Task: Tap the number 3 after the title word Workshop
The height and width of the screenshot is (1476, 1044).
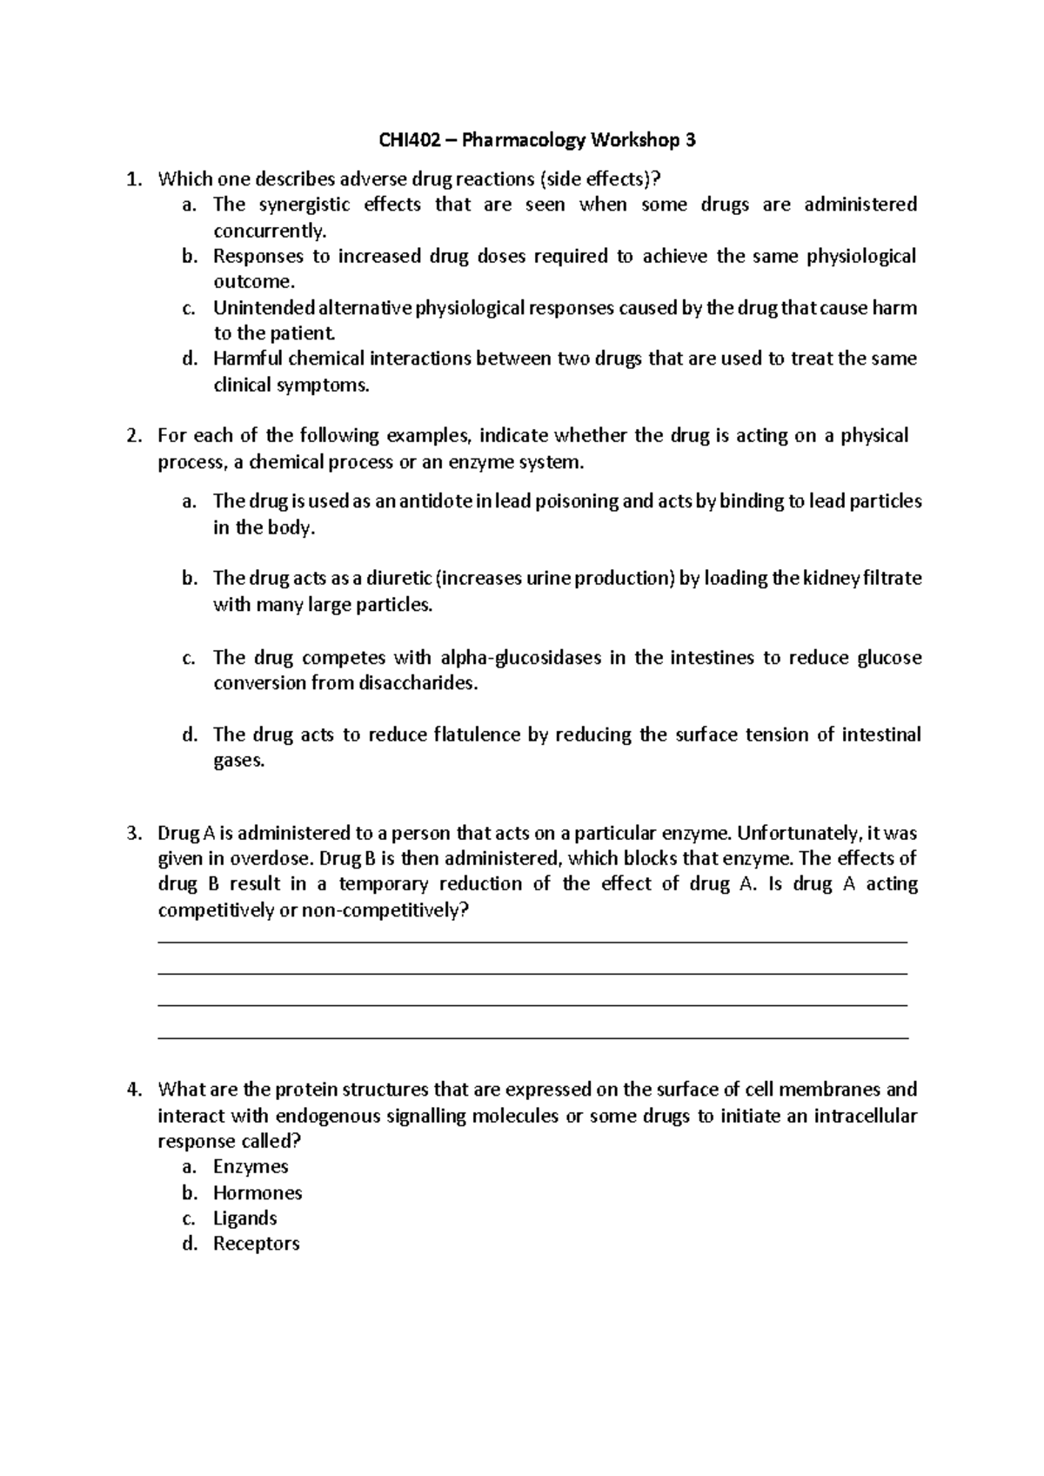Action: tap(691, 140)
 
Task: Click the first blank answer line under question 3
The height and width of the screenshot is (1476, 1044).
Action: tap(532, 942)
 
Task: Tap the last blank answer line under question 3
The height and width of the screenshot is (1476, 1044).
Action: tap(532, 1038)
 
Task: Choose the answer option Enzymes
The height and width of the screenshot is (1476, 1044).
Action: tap(251, 1167)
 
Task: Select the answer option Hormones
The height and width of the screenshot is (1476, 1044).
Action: tap(258, 1193)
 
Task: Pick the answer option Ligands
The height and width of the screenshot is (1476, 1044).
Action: tap(244, 1218)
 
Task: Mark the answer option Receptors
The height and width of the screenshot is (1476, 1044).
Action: tap(256, 1245)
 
